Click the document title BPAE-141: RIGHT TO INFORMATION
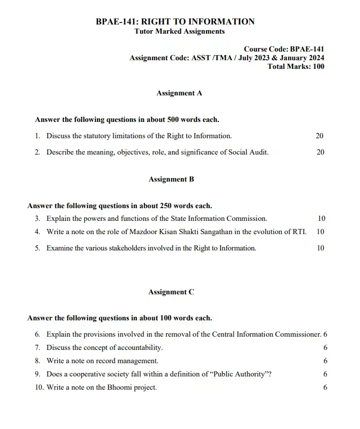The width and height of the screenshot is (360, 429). point(175,21)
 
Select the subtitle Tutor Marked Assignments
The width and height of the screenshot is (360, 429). point(179,31)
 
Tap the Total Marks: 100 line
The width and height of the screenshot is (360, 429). point(296,67)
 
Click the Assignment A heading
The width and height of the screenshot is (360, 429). point(179,93)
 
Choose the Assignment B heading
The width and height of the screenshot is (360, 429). point(171,179)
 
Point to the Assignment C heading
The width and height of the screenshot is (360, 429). point(171,292)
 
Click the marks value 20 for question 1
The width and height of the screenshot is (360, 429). point(320,136)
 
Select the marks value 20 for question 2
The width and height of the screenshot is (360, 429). point(320,152)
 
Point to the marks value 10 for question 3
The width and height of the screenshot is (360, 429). point(321,218)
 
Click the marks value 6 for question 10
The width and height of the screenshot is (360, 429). point(325,387)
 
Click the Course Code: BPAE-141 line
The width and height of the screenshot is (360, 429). point(284,49)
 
